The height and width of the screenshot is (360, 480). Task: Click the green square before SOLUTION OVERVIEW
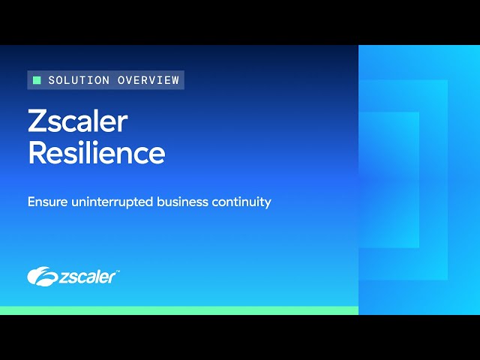click(37, 80)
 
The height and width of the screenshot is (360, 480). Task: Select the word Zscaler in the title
click(77, 121)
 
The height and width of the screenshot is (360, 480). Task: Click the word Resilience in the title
click(96, 152)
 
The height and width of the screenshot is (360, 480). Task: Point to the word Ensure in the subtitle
click(46, 202)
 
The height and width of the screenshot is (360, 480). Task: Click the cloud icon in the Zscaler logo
click(43, 276)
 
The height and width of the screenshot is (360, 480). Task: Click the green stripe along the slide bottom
click(179, 310)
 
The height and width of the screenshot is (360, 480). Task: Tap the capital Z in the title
click(37, 121)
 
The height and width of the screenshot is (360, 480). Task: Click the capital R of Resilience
click(37, 152)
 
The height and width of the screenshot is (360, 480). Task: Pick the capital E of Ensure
click(31, 202)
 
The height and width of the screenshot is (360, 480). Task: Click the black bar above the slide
click(240, 22)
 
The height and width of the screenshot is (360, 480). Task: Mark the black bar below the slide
click(240, 337)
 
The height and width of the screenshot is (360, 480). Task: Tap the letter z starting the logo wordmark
click(63, 277)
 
